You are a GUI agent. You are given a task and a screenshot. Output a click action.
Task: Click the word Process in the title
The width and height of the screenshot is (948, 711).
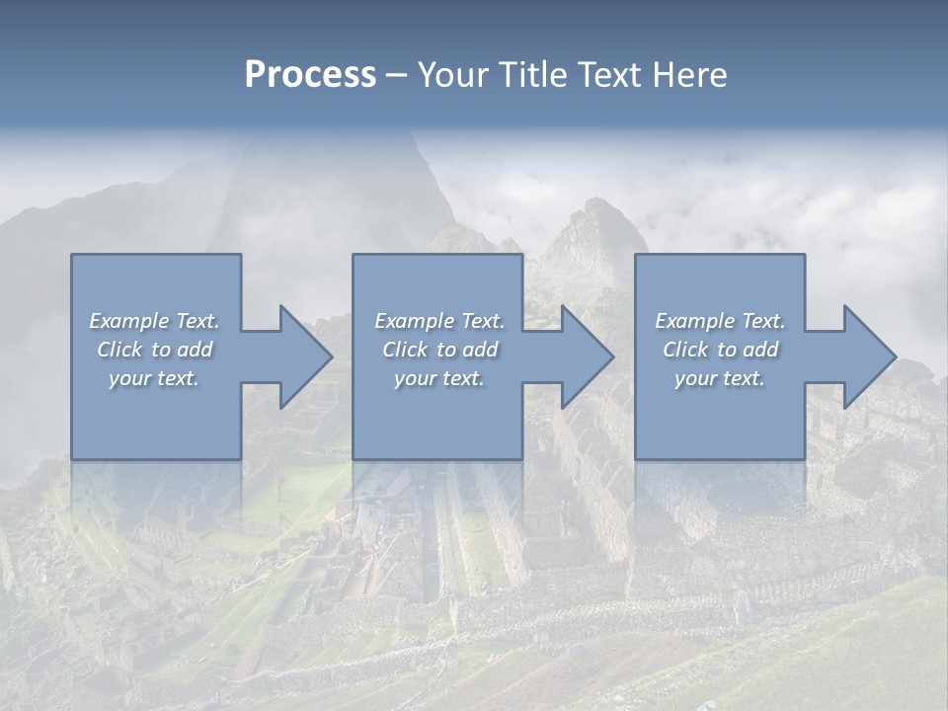(310, 75)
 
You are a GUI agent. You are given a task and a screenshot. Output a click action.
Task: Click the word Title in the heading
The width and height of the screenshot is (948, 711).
(531, 75)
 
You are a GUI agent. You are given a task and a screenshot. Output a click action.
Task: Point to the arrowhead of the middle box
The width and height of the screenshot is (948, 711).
(586, 356)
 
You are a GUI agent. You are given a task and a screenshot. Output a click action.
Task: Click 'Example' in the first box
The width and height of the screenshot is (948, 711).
(128, 321)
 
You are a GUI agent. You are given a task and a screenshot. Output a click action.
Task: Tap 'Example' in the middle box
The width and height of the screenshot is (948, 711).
(414, 321)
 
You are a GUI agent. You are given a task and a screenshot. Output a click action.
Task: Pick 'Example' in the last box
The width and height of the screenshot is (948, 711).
(694, 321)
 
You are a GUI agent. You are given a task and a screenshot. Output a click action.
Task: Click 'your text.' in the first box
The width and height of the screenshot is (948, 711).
(154, 378)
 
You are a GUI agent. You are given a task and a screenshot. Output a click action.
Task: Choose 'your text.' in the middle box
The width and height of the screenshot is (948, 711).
(439, 378)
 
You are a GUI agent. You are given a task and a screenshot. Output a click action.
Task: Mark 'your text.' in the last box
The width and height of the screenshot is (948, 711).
(720, 378)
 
